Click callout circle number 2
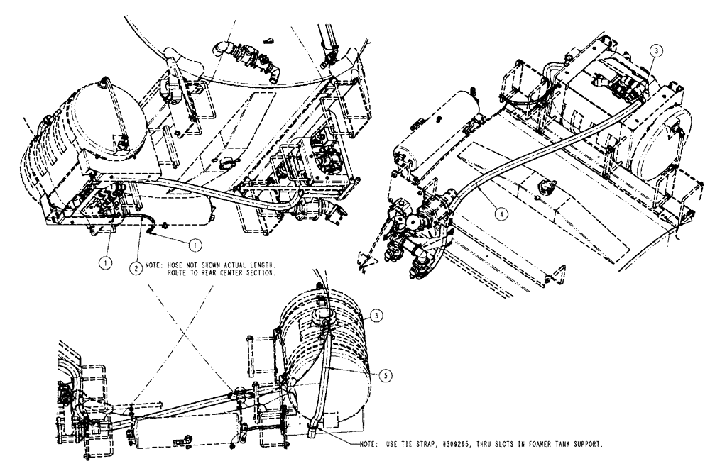(x=133, y=268)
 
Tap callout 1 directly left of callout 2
(x=104, y=261)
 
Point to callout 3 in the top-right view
(x=657, y=51)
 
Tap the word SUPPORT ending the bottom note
(x=587, y=444)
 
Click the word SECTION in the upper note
(x=258, y=273)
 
